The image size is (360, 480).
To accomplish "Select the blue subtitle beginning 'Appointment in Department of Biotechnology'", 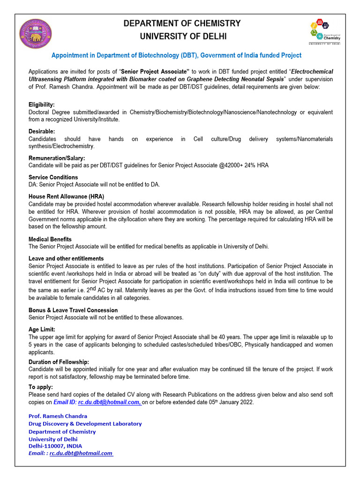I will pyautogui.click(x=176, y=55).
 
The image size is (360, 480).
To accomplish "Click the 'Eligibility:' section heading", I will pyautogui.click(x=42, y=105).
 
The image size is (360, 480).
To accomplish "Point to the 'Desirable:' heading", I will pyautogui.click(x=42, y=131).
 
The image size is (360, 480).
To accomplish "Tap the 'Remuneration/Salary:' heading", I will pyautogui.click(x=57, y=158).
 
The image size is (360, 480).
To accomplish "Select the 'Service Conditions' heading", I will pyautogui.click(x=53, y=177).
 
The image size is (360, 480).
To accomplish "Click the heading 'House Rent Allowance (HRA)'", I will pyautogui.click(x=66, y=196).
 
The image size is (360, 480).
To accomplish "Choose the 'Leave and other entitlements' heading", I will pyautogui.click(x=66, y=258).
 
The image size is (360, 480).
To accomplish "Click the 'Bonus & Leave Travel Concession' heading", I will pyautogui.click(x=73, y=310).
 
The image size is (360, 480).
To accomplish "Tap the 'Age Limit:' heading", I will pyautogui.click(x=42, y=330).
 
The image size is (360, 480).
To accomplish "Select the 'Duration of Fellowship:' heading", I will pyautogui.click(x=59, y=362).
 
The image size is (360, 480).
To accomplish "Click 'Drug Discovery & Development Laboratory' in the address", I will pyautogui.click(x=85, y=423).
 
